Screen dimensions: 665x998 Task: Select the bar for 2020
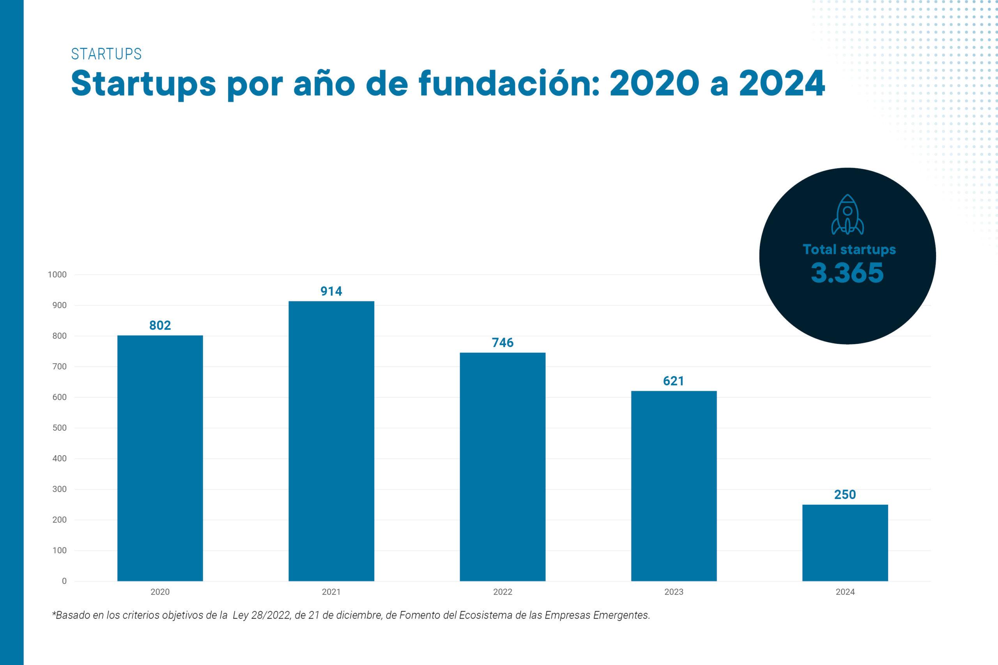[x=160, y=458]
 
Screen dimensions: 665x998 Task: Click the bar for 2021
[x=331, y=441]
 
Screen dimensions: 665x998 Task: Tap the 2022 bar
[x=503, y=467]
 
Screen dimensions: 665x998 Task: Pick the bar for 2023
[x=674, y=486]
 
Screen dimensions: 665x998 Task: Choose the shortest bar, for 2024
[x=845, y=543]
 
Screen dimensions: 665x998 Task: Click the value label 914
[x=331, y=291]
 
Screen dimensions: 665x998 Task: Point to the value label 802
[x=160, y=325]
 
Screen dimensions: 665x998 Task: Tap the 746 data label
[x=503, y=343]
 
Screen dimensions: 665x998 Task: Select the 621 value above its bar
[x=674, y=381]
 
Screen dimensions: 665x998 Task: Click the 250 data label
[x=845, y=495]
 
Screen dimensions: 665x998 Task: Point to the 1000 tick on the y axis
[x=57, y=275]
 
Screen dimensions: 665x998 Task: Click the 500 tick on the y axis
[x=59, y=428]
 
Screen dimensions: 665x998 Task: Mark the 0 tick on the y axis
[x=64, y=581]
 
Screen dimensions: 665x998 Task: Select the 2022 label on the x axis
[x=503, y=592]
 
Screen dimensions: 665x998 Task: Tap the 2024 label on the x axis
[x=845, y=592]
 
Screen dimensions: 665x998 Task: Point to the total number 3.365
[x=847, y=273]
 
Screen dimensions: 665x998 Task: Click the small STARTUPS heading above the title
[x=106, y=54]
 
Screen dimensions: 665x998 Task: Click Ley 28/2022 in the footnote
[x=262, y=615]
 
